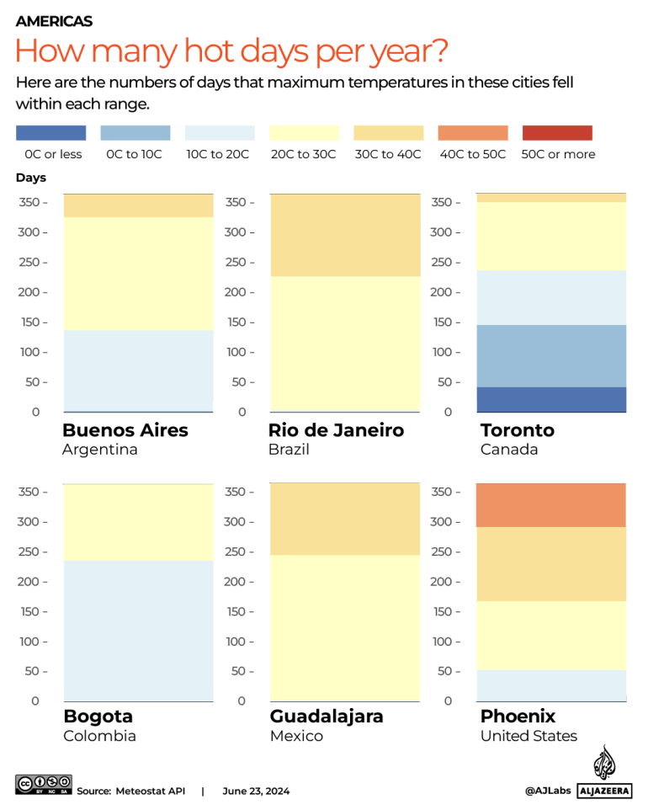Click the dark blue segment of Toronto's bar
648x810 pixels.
point(551,399)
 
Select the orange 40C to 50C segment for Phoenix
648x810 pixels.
point(551,505)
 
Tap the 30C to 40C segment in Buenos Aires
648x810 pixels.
point(138,205)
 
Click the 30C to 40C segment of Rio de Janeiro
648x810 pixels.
point(345,235)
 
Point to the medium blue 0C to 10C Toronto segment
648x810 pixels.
point(551,355)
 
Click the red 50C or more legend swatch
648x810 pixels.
point(557,133)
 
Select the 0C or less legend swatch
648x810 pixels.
point(50,133)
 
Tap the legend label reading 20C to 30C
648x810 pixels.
point(304,154)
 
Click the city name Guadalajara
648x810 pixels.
point(327,717)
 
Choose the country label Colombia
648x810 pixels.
point(99,736)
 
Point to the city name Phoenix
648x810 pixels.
point(518,717)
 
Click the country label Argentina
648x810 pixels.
point(99,450)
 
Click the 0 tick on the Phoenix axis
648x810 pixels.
point(447,701)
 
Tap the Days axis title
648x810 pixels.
point(31,178)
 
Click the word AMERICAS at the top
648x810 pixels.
point(54,21)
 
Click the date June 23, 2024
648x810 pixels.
point(256,791)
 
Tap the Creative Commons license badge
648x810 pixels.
point(43,785)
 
